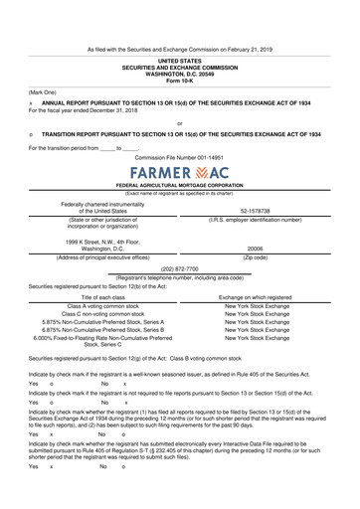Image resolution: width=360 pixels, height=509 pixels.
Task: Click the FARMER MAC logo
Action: (179, 172)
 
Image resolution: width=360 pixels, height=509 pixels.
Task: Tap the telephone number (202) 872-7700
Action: (179, 267)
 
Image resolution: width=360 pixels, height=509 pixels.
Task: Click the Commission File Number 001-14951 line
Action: (179, 157)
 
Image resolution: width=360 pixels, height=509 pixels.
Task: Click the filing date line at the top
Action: (179, 48)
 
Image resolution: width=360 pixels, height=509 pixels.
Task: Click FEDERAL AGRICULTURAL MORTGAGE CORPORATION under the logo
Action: (179, 186)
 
